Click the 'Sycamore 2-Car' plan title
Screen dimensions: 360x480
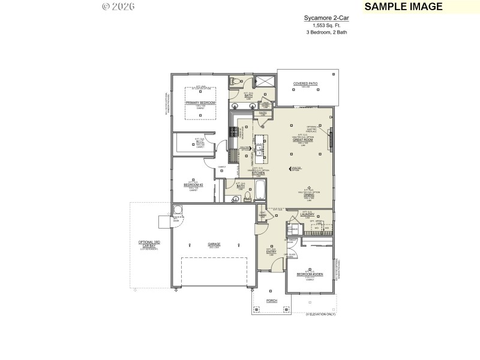pyautogui.click(x=325, y=19)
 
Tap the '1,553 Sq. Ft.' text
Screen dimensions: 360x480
pyautogui.click(x=325, y=25)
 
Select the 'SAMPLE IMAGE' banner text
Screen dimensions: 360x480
pyautogui.click(x=403, y=7)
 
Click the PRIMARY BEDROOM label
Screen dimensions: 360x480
pyautogui.click(x=200, y=103)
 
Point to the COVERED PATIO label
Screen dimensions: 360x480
pyautogui.click(x=305, y=84)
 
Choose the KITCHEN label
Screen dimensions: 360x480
pyautogui.click(x=258, y=173)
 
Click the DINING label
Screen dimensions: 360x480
pyautogui.click(x=308, y=194)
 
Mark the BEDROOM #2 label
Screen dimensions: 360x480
pyautogui.click(x=193, y=185)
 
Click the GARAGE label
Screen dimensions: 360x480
pyautogui.click(x=214, y=244)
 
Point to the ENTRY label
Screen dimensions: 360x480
pyautogui.click(x=270, y=252)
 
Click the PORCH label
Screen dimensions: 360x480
pyautogui.click(x=271, y=301)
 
